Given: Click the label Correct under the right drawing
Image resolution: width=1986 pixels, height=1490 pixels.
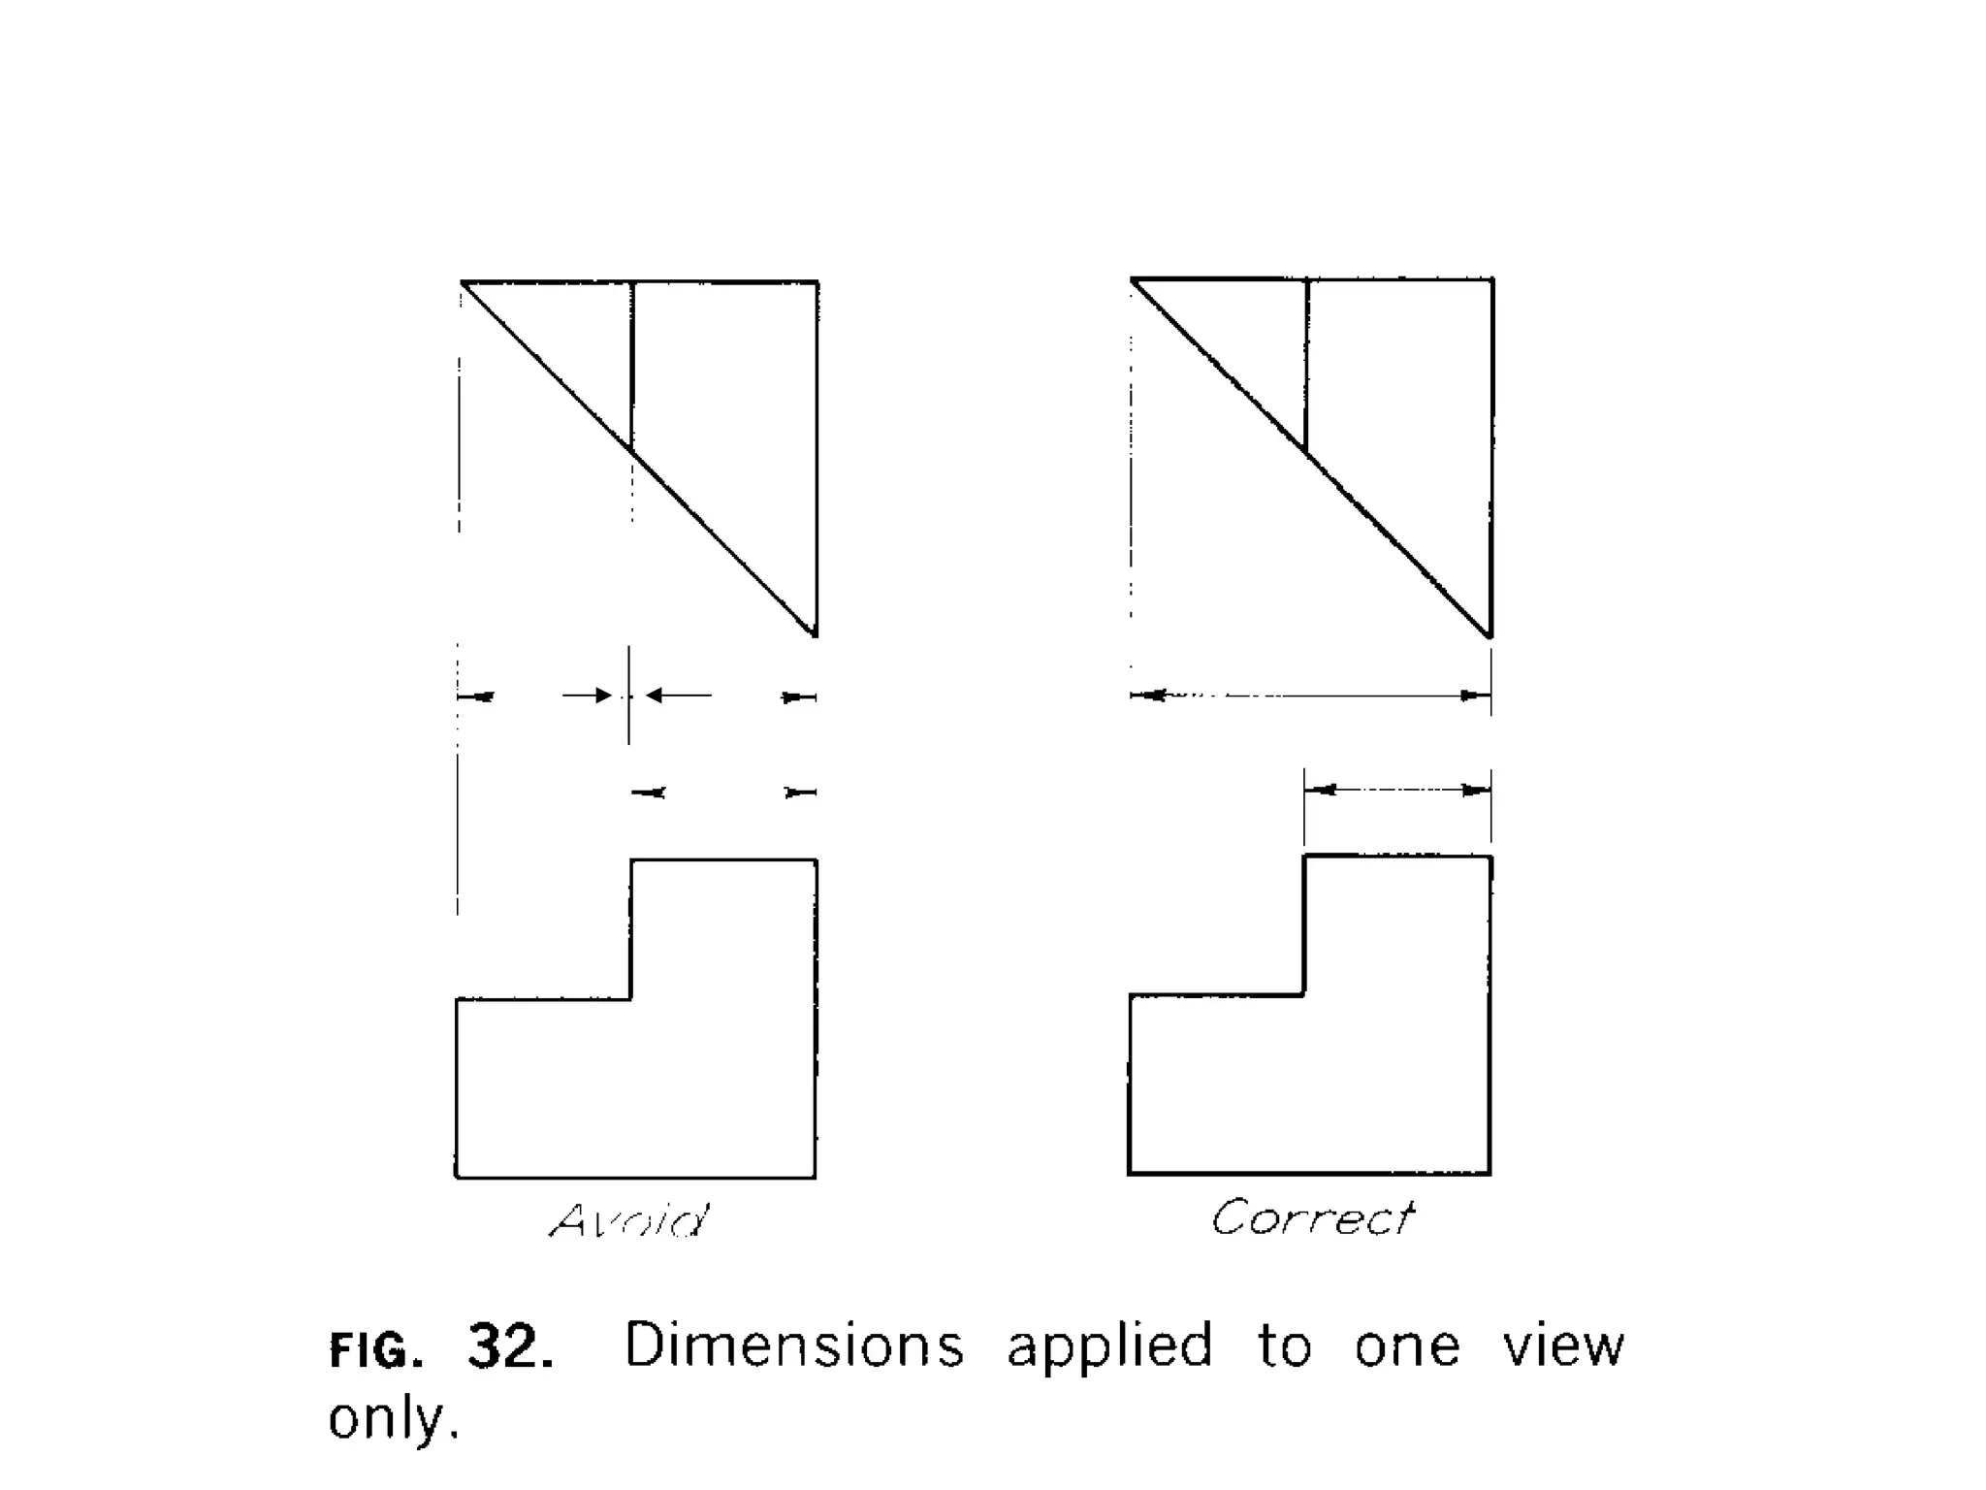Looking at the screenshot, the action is [1312, 1217].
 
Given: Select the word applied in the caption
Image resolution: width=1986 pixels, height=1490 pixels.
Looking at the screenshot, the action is [1110, 1346].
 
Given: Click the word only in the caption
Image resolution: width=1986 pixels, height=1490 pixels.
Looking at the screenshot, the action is [392, 1418].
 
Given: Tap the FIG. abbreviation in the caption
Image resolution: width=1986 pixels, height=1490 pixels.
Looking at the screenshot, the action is [376, 1349].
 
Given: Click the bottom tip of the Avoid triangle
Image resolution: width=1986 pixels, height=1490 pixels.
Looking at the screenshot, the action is [815, 634].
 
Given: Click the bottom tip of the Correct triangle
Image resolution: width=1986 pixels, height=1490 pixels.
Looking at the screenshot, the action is [1489, 635].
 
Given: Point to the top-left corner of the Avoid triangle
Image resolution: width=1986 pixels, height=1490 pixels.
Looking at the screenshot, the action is [463, 282].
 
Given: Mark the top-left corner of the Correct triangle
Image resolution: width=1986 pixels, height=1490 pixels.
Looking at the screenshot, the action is [1133, 279].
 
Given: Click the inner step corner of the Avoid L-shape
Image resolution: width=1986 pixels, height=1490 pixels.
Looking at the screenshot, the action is [631, 998].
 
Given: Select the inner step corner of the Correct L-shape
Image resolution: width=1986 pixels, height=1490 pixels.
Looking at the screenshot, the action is [1304, 994].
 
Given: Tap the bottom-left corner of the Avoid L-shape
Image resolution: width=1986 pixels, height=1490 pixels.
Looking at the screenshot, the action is [457, 1178].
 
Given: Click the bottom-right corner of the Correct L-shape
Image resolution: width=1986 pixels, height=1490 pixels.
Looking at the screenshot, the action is [1489, 1174].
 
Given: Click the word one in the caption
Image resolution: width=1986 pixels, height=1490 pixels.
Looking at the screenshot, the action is [1407, 1346].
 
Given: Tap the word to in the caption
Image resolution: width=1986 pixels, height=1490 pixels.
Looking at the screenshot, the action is [1285, 1346].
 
